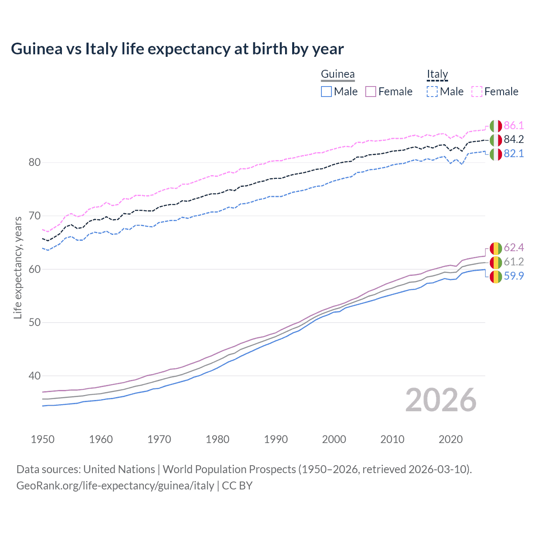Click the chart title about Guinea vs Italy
click(177, 49)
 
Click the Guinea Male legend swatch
click(326, 92)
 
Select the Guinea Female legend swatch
click(371, 92)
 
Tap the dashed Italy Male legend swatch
click(432, 92)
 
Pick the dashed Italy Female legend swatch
click(477, 92)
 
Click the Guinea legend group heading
click(338, 74)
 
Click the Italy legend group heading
click(437, 74)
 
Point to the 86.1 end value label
click(514, 125)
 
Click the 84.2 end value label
click(514, 140)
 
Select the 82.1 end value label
click(514, 154)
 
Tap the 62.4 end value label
click(514, 248)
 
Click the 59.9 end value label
click(514, 276)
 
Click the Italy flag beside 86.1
click(496, 126)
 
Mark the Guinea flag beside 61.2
click(496, 262)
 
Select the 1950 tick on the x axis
click(43, 439)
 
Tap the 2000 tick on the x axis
click(334, 439)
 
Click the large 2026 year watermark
click(441, 400)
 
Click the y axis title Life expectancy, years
click(18, 267)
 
